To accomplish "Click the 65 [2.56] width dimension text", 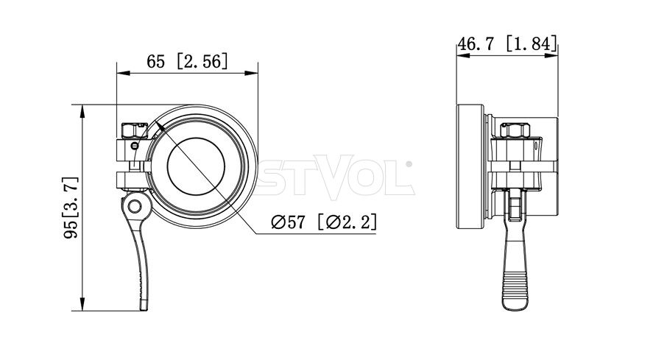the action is point(187,61).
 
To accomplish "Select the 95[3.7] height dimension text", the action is point(71,208).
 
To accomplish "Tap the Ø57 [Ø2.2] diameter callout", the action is point(324,222).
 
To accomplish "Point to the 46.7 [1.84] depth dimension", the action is point(507,43).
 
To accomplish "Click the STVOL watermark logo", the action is point(335,177).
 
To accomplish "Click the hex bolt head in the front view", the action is point(135,130).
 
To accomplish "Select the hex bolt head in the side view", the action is point(515,130).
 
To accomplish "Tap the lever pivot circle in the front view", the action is point(135,207).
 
